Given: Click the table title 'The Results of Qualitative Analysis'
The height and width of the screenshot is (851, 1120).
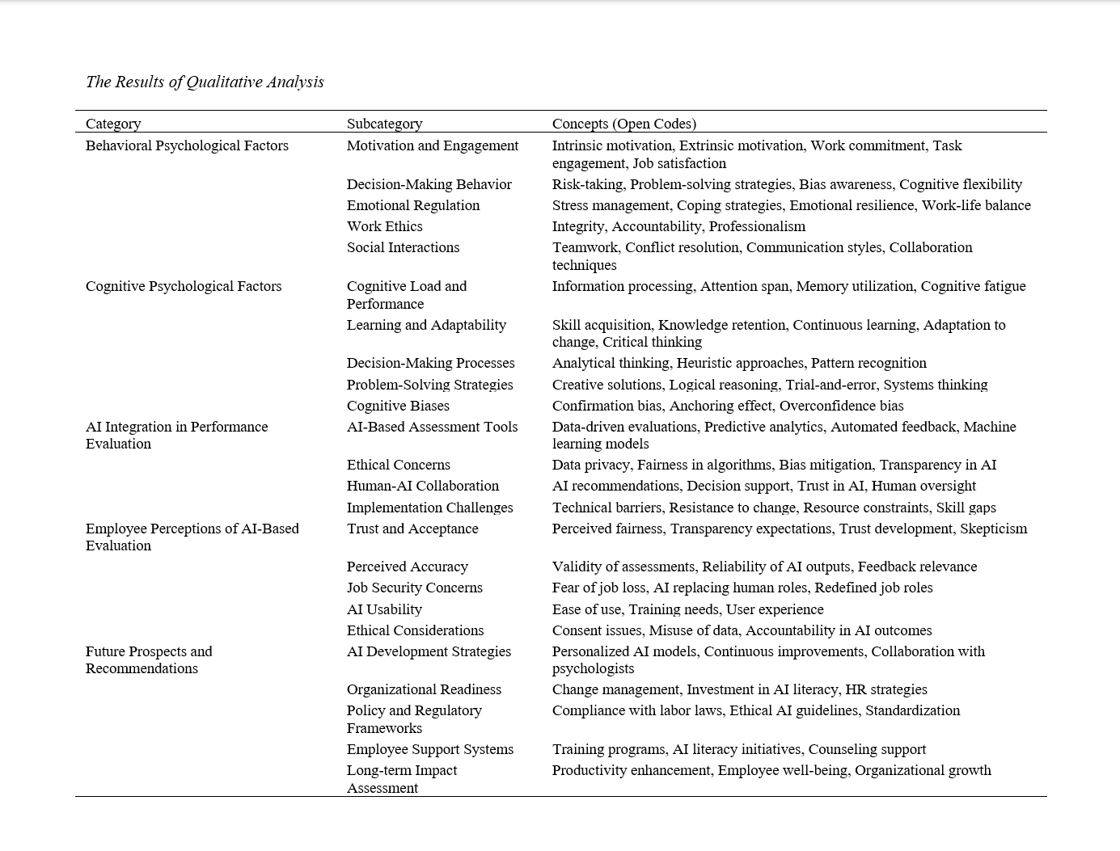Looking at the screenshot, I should click(205, 82).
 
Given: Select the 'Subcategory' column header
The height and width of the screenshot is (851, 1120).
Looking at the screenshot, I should click(384, 124).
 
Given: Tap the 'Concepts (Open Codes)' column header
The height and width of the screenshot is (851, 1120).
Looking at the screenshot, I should click(623, 124).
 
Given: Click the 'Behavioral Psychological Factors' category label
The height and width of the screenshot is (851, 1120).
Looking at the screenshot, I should click(187, 145).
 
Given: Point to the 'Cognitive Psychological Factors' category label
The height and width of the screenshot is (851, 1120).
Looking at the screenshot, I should click(184, 286).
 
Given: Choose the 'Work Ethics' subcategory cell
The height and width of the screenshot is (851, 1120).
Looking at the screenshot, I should click(384, 226).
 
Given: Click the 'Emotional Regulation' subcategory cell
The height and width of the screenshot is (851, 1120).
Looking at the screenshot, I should click(413, 205).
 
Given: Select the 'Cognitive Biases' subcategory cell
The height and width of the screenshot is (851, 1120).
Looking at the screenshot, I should click(398, 406).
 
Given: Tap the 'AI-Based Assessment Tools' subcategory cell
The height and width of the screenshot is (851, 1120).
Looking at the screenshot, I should click(432, 427).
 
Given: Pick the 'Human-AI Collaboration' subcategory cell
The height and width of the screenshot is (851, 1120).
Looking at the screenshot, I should click(423, 486).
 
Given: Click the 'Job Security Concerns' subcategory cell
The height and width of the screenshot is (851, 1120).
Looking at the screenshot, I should click(414, 588).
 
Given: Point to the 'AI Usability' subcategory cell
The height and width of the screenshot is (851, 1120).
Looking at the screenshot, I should click(384, 609).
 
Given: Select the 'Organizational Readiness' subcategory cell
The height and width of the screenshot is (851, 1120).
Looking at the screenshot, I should click(424, 689).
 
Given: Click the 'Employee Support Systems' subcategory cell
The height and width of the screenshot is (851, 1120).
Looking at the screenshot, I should click(430, 749).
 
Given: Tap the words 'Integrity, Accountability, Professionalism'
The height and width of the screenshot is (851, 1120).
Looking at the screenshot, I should click(678, 226).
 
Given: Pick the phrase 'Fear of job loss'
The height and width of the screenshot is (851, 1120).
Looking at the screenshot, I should click(598, 588).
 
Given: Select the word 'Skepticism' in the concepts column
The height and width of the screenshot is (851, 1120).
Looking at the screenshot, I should click(993, 529).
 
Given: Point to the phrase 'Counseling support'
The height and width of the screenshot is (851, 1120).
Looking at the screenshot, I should click(867, 749).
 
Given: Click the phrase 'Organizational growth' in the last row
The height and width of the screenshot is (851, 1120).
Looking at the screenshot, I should click(923, 770).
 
